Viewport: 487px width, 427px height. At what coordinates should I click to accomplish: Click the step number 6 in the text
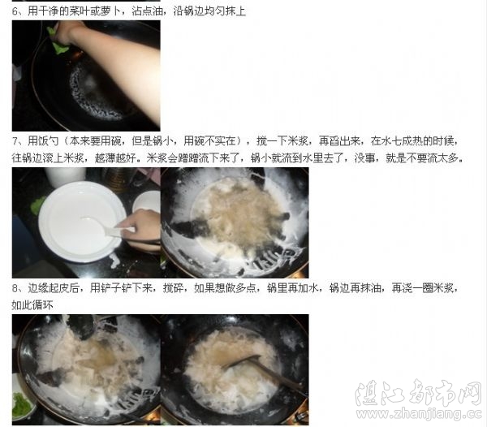click(x=15, y=11)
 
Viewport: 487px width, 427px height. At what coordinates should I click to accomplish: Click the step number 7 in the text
click(x=15, y=141)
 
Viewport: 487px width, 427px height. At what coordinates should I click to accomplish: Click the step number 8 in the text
click(x=15, y=288)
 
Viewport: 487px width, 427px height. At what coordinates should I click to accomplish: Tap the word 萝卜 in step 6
click(x=110, y=11)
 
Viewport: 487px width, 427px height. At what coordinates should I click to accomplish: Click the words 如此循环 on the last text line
click(x=32, y=305)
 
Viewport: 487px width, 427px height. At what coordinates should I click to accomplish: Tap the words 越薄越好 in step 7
click(x=115, y=158)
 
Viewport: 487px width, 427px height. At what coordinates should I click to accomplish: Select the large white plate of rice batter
click(x=82, y=222)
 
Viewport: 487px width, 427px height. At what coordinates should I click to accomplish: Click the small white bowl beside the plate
click(x=147, y=202)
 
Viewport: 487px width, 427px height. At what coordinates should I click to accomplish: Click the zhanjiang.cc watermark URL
click(x=420, y=414)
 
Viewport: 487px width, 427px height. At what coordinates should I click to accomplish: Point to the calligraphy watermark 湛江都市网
click(x=418, y=393)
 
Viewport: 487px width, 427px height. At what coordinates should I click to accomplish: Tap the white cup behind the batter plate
click(x=65, y=176)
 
